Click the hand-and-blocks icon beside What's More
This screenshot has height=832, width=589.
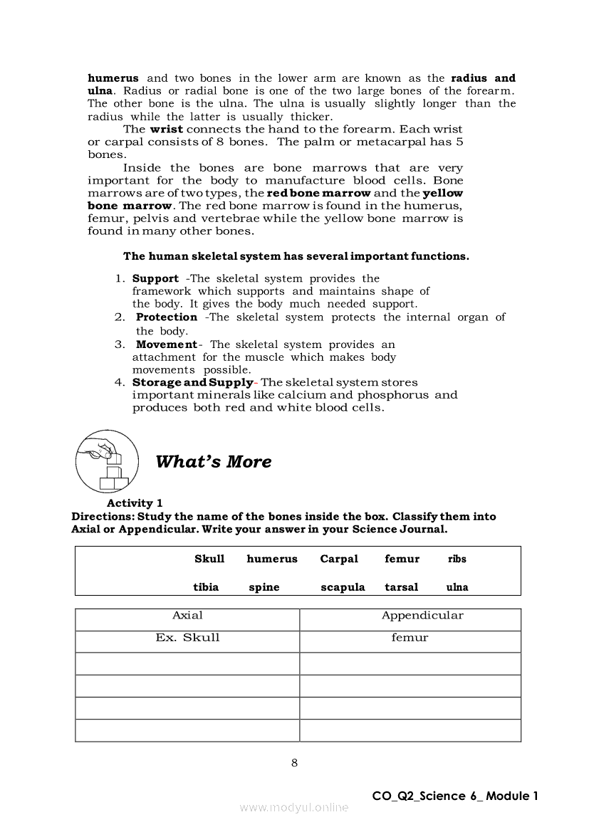coord(107,461)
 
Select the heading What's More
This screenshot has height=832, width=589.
coord(213,462)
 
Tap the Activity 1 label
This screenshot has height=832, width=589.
coord(135,503)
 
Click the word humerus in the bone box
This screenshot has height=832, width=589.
coord(272,559)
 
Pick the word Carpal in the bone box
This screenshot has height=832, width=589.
coord(339,559)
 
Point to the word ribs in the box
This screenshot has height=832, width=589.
coord(457,559)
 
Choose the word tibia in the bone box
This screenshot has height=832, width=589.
coord(206,587)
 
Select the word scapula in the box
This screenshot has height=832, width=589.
coord(343,587)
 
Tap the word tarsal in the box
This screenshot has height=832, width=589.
coord(402,587)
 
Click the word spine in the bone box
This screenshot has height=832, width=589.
coord(264,587)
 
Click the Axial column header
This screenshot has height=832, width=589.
coord(187,616)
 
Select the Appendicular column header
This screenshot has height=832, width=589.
coord(422,616)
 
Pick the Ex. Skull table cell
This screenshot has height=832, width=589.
coord(187,638)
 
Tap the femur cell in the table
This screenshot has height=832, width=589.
coord(410,638)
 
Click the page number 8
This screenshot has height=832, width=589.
coord(294,764)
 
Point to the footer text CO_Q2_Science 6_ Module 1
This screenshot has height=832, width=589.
coord(454,796)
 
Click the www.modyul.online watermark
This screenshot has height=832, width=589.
coord(294,807)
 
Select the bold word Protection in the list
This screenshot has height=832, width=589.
coord(167,317)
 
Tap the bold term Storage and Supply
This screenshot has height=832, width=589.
coord(192,382)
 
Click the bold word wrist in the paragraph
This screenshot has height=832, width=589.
coord(166,130)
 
